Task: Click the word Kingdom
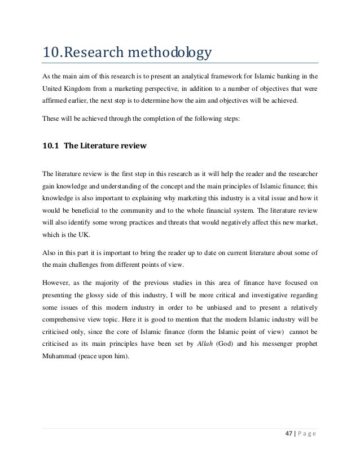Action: click(78, 89)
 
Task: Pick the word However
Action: click(58, 282)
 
